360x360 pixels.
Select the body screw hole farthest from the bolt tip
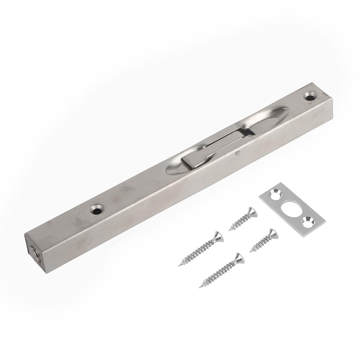coord(310,95)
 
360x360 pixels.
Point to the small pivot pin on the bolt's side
coord(238,153)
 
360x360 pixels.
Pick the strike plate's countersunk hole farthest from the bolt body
coord(308,221)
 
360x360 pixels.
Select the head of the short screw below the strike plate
coord(272,233)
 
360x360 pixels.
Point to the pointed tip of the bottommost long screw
coord(200,287)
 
